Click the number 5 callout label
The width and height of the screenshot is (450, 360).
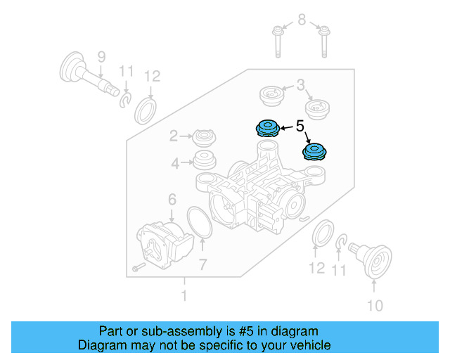(300, 127)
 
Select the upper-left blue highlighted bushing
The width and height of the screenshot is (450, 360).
(267, 128)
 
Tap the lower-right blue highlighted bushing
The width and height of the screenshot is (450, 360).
(313, 151)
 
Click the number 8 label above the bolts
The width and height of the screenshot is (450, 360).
(302, 20)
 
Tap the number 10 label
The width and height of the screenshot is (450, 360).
(375, 305)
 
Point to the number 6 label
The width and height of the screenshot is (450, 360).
(172, 200)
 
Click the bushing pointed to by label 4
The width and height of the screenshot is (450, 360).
(205, 160)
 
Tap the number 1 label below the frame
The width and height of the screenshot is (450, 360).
(184, 297)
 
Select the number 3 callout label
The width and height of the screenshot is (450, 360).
(300, 86)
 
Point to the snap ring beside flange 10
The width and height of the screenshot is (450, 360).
(342, 243)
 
